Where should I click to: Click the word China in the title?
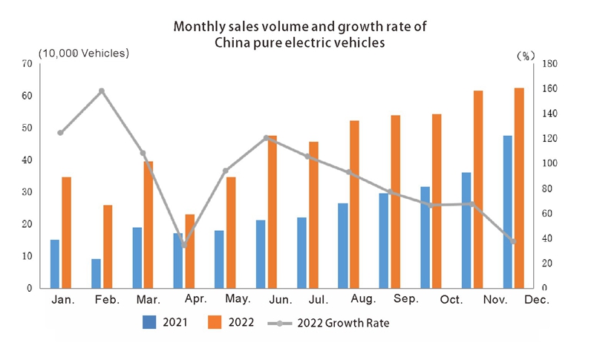[x=231, y=43]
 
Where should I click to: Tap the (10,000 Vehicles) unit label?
[x=84, y=53]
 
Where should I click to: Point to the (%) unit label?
[x=525, y=55]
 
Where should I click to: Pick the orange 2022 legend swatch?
[x=215, y=322]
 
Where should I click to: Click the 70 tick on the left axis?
[x=28, y=64]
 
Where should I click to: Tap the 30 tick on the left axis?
[x=28, y=192]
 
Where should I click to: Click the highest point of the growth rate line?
[x=102, y=91]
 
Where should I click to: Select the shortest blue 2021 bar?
[x=97, y=273]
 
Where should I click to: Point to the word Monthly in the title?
[x=197, y=27]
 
